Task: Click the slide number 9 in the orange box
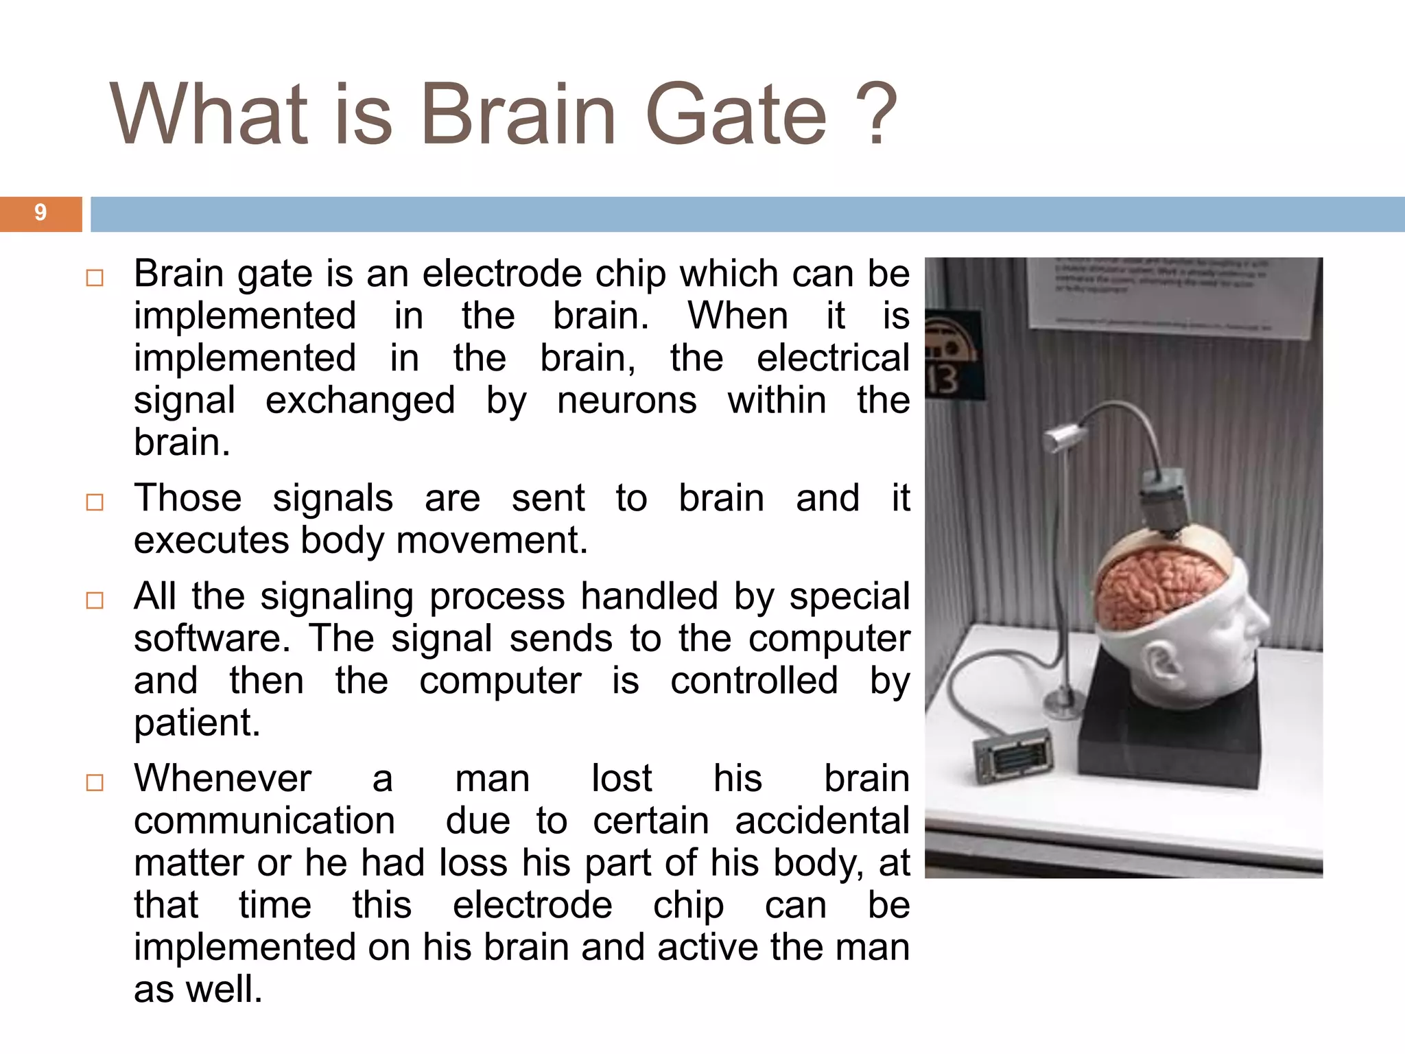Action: point(40,213)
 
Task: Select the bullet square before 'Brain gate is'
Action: point(95,278)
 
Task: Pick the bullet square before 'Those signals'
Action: point(95,502)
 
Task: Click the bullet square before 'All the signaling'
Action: point(95,600)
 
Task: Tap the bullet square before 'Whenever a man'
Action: point(95,782)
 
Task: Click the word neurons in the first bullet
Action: point(626,400)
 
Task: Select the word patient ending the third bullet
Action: point(196,723)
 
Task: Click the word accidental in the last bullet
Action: point(822,821)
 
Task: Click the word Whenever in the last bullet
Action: point(223,779)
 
